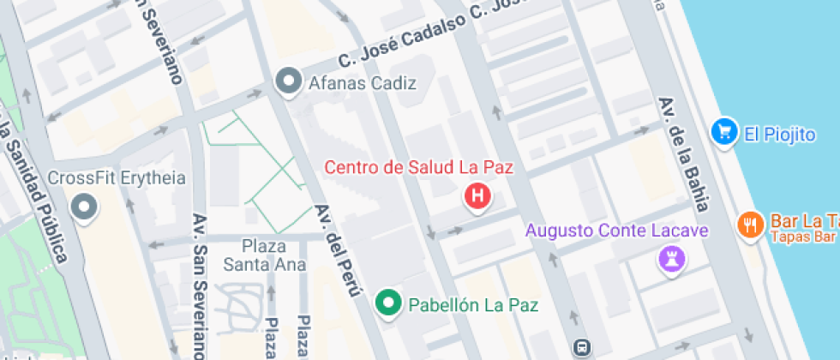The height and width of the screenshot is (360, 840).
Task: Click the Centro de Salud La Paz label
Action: point(418,167)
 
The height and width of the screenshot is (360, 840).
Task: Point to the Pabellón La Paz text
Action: point(473,303)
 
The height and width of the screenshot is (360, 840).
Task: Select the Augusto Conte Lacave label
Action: point(617,231)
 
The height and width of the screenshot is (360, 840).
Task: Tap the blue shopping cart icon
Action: point(725,132)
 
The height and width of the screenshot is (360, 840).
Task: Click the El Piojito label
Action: point(780,134)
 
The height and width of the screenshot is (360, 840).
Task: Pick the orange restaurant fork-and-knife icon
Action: point(750,225)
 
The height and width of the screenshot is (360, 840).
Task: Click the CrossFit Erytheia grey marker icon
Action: point(84,207)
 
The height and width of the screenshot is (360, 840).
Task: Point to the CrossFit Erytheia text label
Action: point(117,178)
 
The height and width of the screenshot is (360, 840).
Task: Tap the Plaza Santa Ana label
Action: point(263,255)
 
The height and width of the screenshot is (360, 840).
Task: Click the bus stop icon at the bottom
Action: point(582,347)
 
